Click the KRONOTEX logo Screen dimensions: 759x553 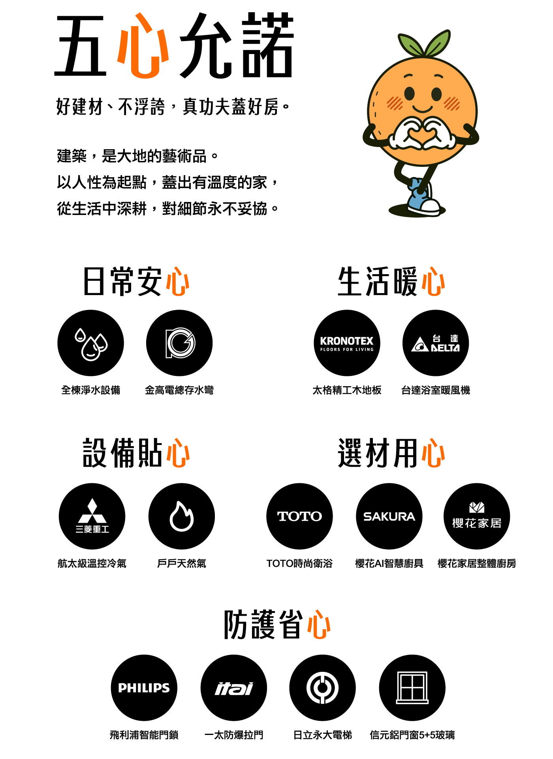tap(346, 343)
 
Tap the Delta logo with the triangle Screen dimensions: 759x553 tap(435, 344)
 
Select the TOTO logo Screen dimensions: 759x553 tap(299, 516)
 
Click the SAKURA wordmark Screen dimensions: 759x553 tap(389, 516)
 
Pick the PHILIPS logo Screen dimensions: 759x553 tap(144, 688)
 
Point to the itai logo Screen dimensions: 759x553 tap(234, 689)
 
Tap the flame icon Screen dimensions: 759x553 tap(182, 516)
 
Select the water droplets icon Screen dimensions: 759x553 tap(91, 344)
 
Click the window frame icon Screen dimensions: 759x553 tap(412, 688)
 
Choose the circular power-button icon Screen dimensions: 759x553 tap(322, 688)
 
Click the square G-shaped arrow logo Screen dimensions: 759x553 tap(180, 343)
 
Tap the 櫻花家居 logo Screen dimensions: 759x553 tap(477, 516)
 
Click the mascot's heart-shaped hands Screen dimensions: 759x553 tap(423, 134)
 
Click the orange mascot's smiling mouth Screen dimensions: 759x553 tap(423, 108)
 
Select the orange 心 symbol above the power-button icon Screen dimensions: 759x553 tap(319, 624)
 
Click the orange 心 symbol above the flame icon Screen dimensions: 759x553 tap(178, 453)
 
